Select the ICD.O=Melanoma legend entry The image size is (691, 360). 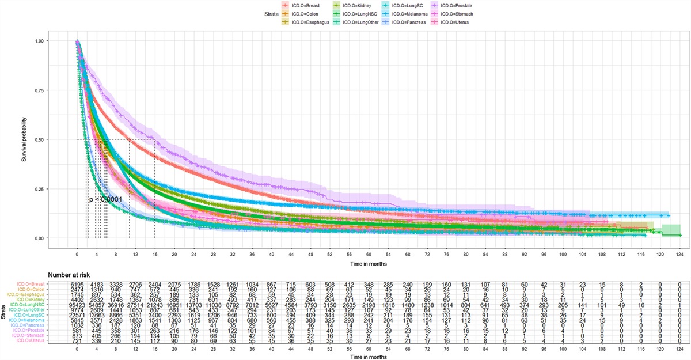tap(410, 13)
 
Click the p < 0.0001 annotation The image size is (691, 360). tap(105, 199)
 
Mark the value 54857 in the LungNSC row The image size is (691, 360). tap(96, 305)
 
